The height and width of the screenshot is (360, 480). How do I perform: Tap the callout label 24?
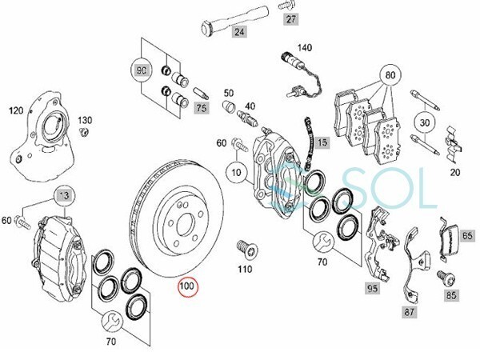coord(238,34)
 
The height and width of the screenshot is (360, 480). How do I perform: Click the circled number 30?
coord(423,124)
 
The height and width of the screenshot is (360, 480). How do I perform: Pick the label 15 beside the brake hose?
coord(322,143)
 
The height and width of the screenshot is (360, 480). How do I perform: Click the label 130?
coord(85,120)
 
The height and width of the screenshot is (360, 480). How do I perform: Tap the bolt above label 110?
coord(246,248)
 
